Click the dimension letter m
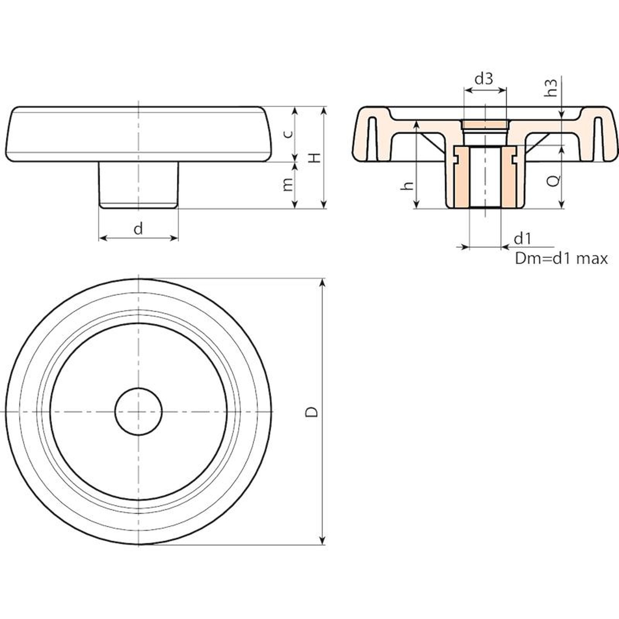pyautogui.click(x=287, y=185)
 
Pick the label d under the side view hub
pyautogui.click(x=138, y=229)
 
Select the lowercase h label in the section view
pyautogui.click(x=407, y=186)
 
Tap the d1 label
pyautogui.click(x=523, y=239)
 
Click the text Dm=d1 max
pyautogui.click(x=561, y=258)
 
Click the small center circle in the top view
pyautogui.click(x=139, y=411)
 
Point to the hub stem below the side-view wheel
pyautogui.click(x=139, y=185)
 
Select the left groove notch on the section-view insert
pyautogui.click(x=456, y=159)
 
